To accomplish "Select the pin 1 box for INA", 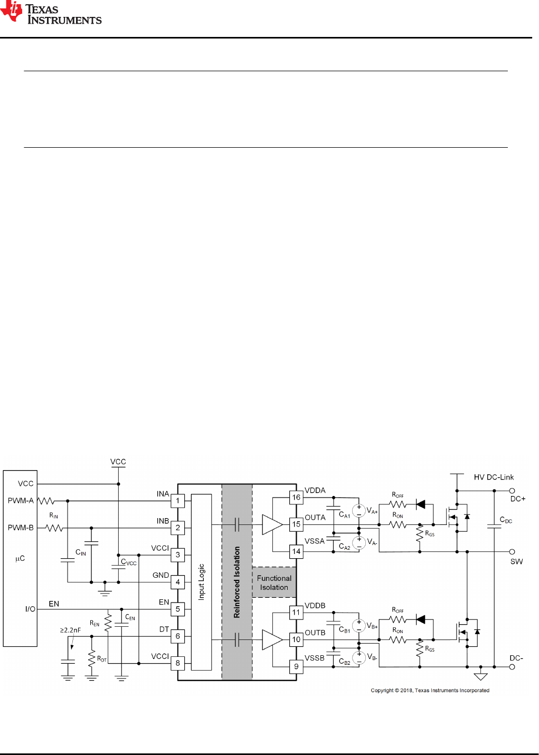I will click(178, 501).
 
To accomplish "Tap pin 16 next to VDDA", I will click(296, 498).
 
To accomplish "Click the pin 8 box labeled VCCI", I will click(178, 663).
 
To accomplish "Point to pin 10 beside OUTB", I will click(296, 639).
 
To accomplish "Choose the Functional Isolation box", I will click(274, 582).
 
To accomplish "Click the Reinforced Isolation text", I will click(237, 582).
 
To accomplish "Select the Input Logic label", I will click(201, 582).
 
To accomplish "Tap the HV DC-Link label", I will click(494, 477).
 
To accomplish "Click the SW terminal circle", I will click(512, 552).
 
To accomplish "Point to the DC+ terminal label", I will click(517, 499).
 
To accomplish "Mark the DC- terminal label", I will click(516, 658).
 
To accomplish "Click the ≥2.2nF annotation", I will click(70, 630).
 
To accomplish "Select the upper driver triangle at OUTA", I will click(272, 524).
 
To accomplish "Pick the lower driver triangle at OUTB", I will click(272, 639).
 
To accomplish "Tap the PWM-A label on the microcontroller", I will click(21, 501).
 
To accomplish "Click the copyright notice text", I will click(430, 690).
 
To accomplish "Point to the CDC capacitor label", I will click(506, 520).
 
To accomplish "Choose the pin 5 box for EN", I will click(178, 609).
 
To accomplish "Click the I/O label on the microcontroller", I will click(30, 609).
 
